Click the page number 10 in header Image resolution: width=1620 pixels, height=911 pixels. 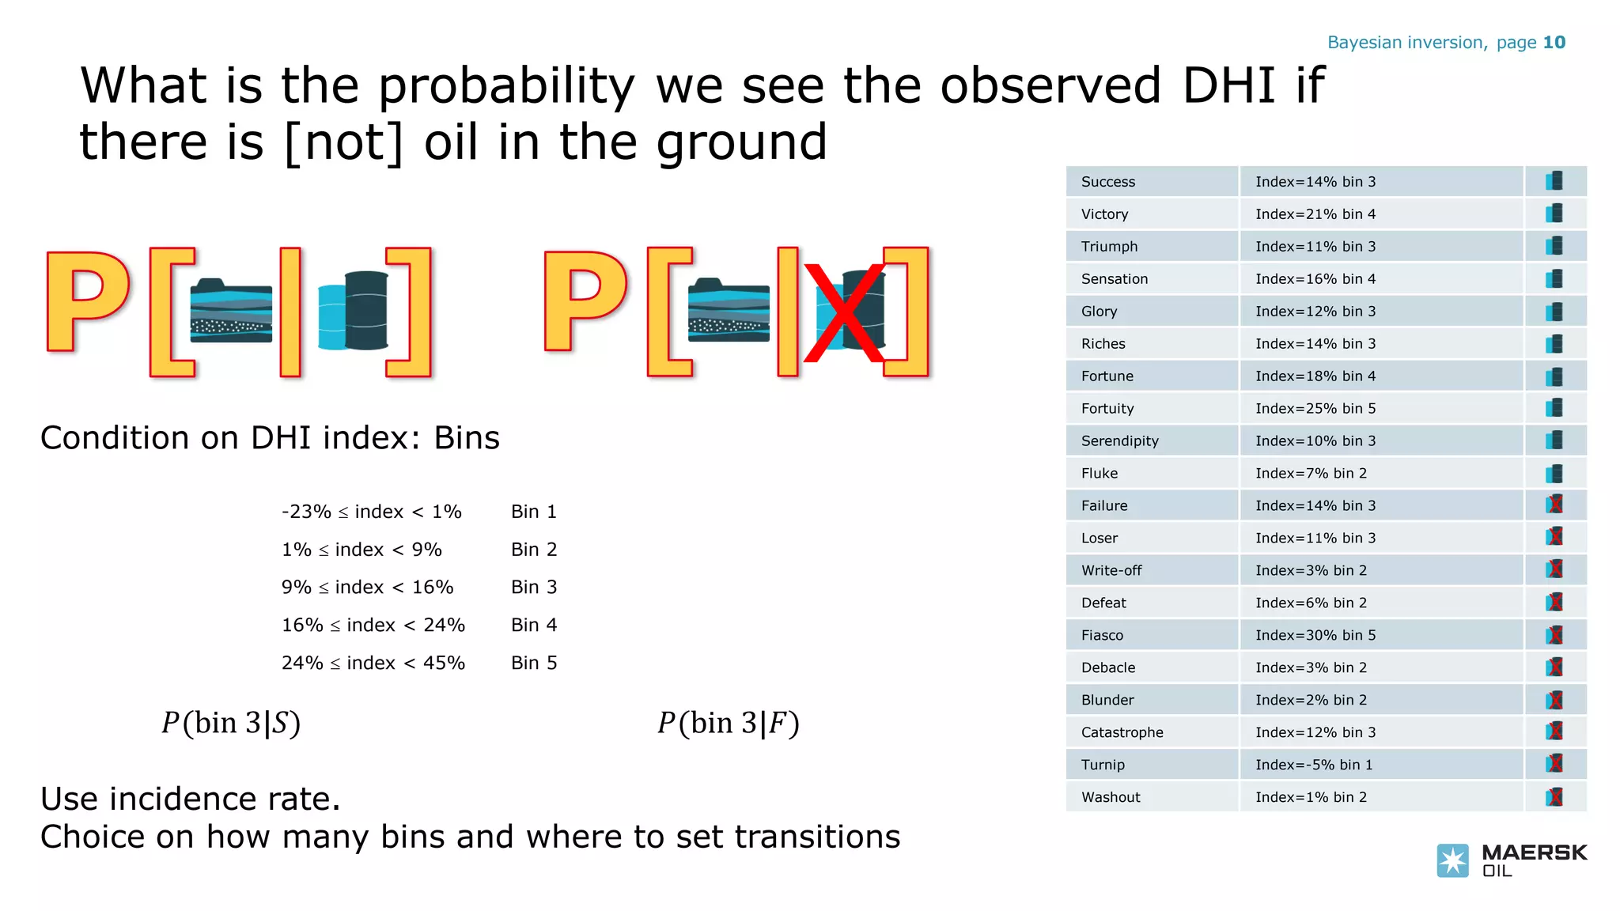[1554, 43]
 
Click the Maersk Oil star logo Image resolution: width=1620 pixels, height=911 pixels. [1452, 860]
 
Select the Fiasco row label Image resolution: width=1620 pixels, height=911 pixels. [1102, 635]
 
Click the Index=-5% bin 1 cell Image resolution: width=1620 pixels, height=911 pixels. [1313, 765]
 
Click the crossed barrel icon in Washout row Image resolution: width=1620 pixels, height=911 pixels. [1554, 797]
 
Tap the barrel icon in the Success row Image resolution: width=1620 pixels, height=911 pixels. [1554, 181]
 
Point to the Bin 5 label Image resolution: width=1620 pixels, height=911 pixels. [534, 663]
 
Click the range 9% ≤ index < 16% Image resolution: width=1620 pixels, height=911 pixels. [367, 587]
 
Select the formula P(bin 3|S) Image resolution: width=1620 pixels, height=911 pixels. [231, 723]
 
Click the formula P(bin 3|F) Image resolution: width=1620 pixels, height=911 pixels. [729, 723]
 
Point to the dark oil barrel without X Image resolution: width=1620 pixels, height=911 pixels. [366, 310]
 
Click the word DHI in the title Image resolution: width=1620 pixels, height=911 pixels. [1228, 85]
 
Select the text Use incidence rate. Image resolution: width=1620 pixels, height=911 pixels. [190, 799]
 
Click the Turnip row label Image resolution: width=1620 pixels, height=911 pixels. [1103, 765]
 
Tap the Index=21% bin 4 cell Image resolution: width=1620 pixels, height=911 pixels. [1315, 214]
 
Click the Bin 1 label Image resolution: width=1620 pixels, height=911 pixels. [534, 512]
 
